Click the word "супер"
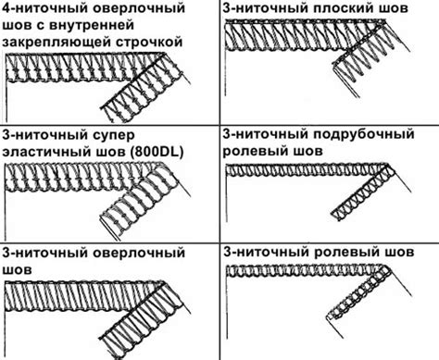114,136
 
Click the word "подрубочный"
363,134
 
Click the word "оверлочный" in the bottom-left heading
139,253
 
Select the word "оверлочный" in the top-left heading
139,8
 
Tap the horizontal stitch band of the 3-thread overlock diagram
83,296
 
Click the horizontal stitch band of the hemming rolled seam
307,170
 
